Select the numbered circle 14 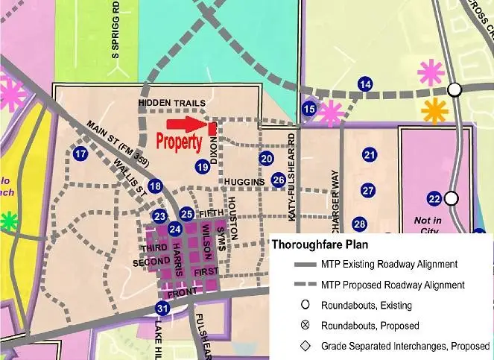point(364,84)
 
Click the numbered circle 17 point(80,154)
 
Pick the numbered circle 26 point(278,180)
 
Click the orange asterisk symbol point(434,111)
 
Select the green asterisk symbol point(7,221)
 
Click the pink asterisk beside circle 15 point(331,113)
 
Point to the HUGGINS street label point(243,182)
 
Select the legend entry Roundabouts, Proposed point(359,326)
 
